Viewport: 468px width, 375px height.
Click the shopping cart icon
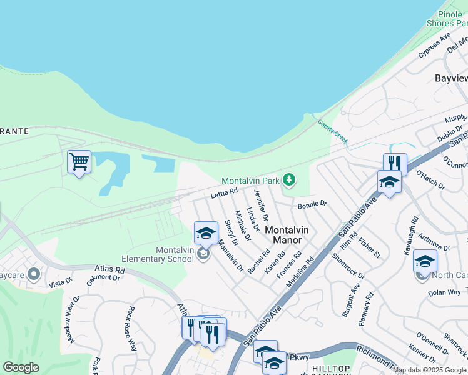tap(79, 162)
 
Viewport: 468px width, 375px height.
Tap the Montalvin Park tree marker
tap(288, 180)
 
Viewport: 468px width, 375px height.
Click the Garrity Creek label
tap(332, 129)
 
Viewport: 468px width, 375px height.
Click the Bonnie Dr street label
tap(312, 204)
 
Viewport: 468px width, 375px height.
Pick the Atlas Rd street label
tap(109, 271)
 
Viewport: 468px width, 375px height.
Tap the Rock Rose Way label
tap(131, 328)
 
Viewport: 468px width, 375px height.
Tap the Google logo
tap(21, 367)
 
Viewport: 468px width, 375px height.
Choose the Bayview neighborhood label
tap(451, 78)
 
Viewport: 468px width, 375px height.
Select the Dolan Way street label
tap(444, 292)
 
